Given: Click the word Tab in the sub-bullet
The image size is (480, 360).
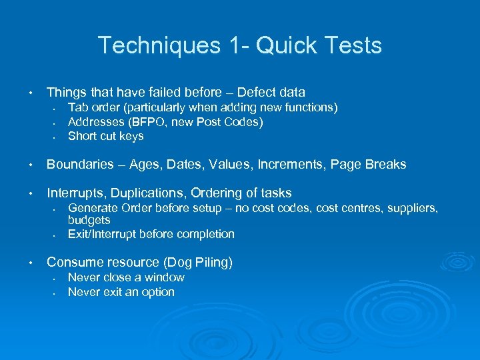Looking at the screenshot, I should tap(78, 107).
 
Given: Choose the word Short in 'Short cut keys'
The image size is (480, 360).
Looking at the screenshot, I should tap(82, 136).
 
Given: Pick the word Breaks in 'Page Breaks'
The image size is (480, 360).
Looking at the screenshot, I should tap(387, 165).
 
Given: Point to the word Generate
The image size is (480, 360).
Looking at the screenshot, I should tap(91, 209).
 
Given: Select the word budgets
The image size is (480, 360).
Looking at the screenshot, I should tap(89, 220).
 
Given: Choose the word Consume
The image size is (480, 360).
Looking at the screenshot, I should tap(73, 263).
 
